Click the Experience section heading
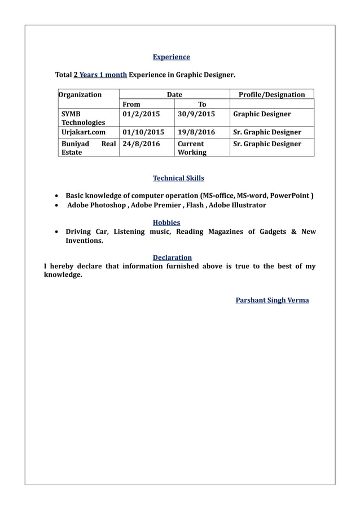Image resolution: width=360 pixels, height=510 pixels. (172, 57)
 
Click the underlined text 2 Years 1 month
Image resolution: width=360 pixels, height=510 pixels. (100, 75)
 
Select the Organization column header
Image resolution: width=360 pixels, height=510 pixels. (80, 94)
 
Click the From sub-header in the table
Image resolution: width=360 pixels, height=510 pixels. (131, 104)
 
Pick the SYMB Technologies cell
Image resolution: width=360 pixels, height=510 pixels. (83, 118)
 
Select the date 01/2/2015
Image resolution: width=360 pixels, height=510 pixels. (141, 114)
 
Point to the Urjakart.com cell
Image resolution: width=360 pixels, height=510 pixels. (84, 132)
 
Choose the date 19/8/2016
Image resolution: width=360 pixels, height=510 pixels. (196, 132)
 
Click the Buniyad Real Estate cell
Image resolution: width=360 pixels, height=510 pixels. (88, 148)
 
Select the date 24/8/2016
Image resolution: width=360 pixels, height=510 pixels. (141, 144)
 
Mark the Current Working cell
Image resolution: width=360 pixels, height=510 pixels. (192, 148)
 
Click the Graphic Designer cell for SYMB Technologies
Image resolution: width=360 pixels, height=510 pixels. (262, 114)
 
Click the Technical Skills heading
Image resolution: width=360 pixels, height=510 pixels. (178, 178)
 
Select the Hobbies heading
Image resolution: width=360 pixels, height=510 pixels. (166, 223)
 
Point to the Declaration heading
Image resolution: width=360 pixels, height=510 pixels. (172, 258)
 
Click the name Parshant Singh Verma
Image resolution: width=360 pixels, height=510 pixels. (272, 300)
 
